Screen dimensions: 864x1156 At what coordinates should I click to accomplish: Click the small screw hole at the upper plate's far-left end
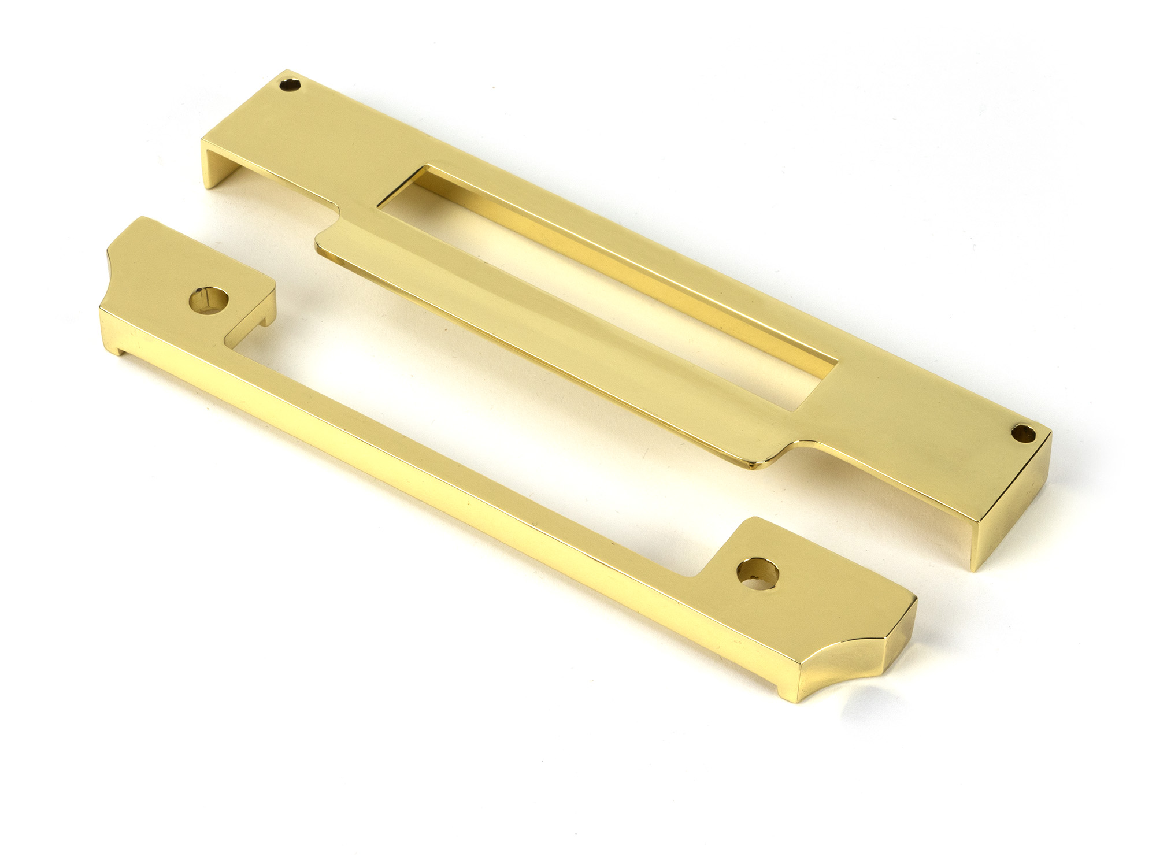pos(290,84)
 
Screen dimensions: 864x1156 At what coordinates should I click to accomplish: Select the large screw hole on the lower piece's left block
pos(206,302)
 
